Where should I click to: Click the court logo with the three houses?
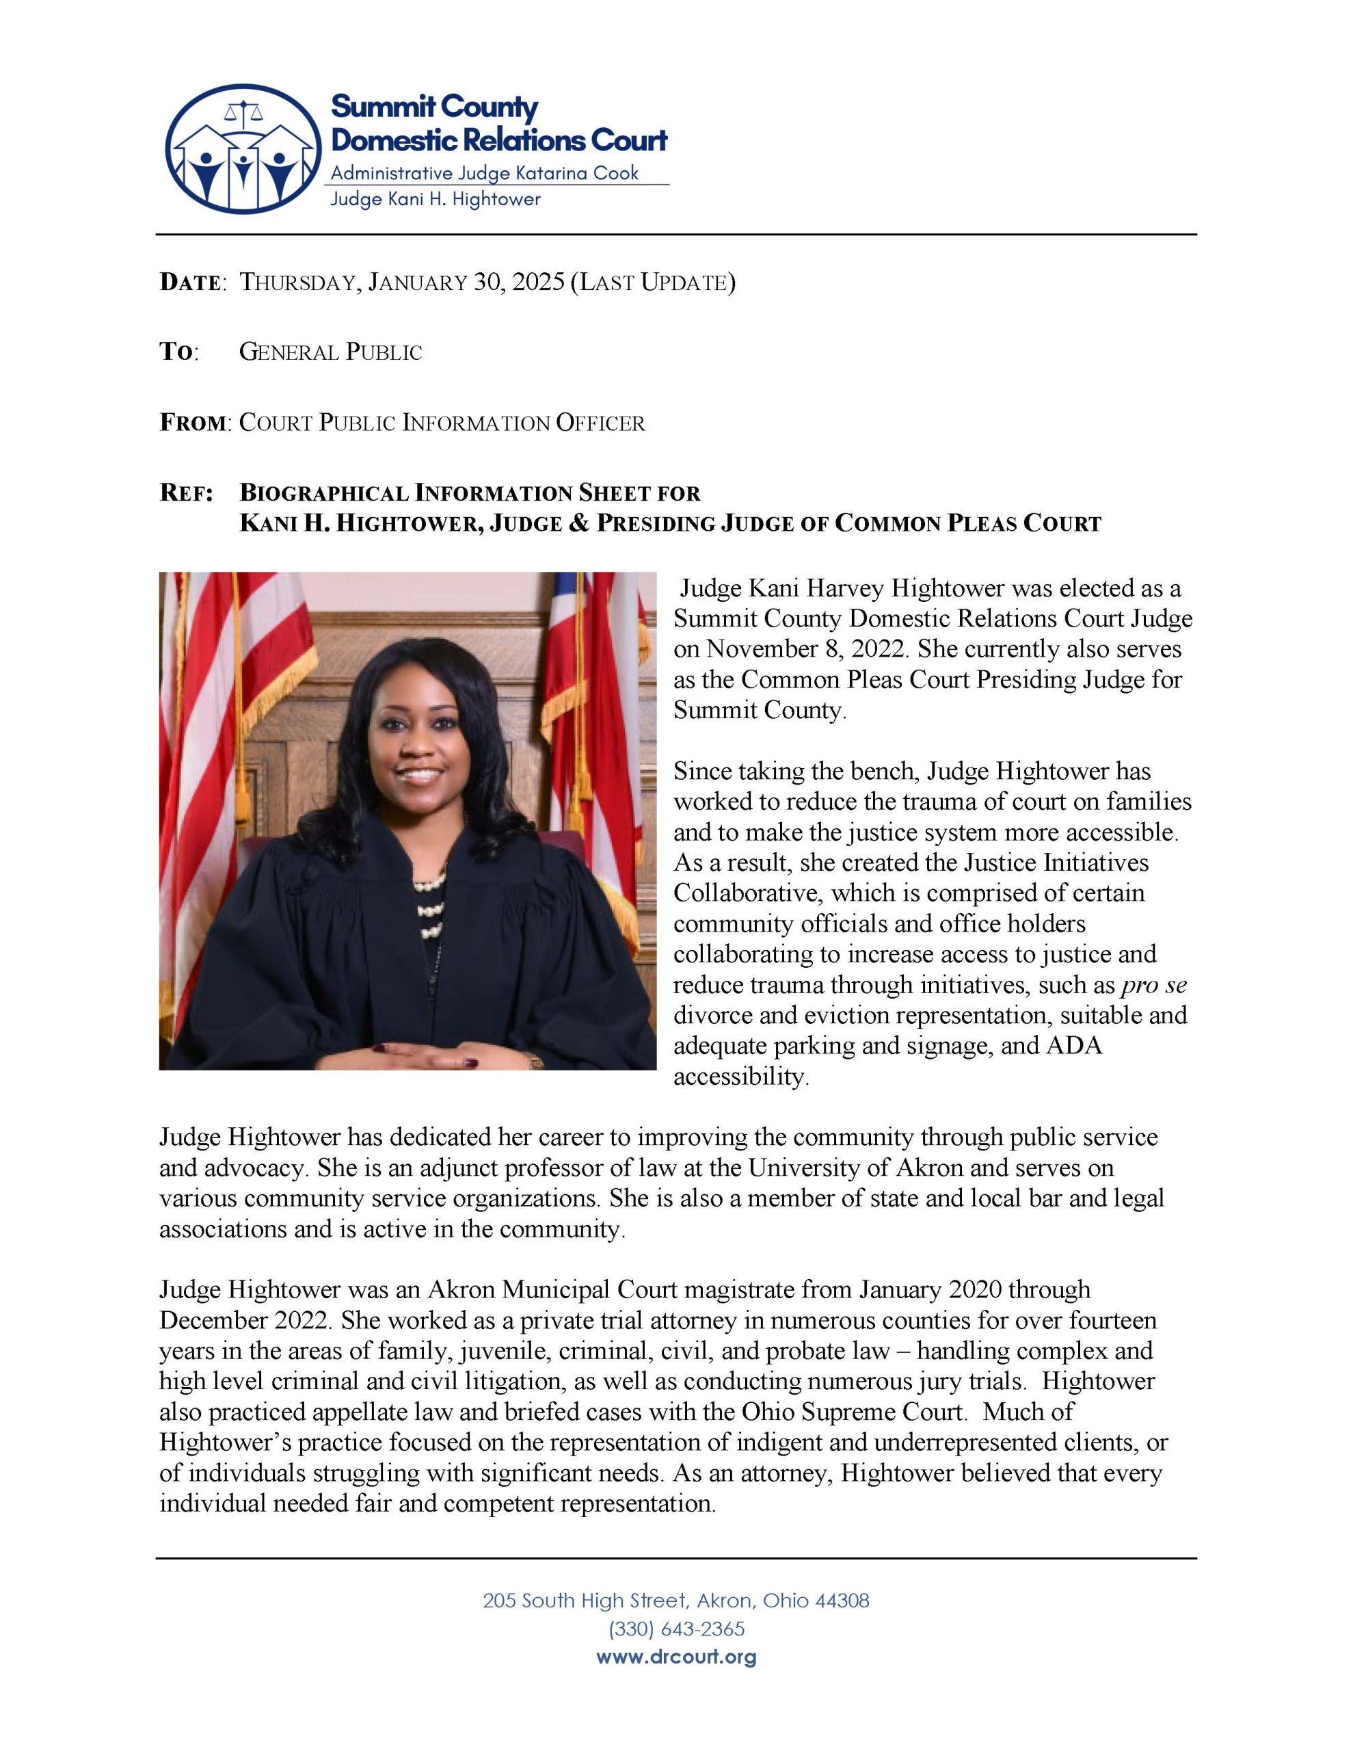[243, 149]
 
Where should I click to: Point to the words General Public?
[330, 353]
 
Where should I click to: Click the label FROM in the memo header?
[192, 423]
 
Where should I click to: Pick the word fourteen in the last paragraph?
[1114, 1319]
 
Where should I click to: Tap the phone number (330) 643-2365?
[675, 1629]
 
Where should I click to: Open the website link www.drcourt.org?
[675, 1657]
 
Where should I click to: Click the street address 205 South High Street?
[585, 1601]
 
